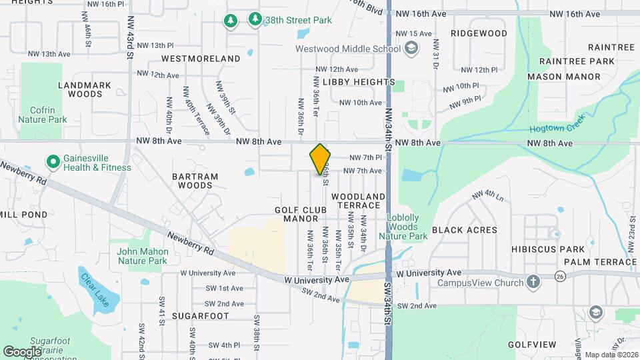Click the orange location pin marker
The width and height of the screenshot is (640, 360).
[321, 159]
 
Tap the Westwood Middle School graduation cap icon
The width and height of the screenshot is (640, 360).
[412, 48]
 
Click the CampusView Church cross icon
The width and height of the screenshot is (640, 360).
[533, 281]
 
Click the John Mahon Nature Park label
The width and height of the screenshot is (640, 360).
[141, 256]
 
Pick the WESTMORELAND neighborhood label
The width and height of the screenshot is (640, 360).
[201, 59]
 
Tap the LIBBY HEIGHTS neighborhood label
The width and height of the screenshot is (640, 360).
[359, 81]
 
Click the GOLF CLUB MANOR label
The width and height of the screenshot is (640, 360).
[301, 214]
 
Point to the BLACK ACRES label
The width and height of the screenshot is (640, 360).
[465, 230]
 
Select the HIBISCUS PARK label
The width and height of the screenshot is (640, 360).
[539, 249]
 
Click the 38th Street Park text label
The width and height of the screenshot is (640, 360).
[298, 20]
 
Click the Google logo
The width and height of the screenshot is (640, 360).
[22, 351]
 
